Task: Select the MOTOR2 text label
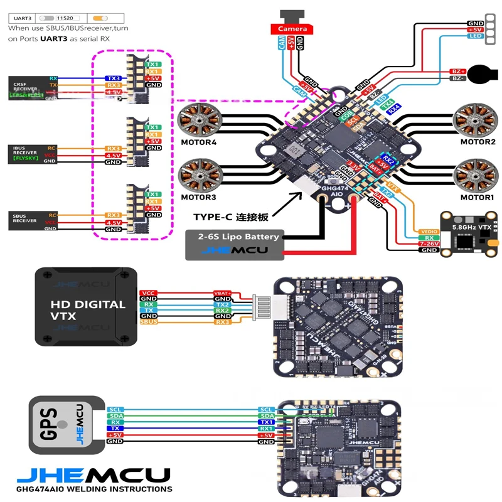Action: (x=478, y=142)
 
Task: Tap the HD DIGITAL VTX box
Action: (x=86, y=307)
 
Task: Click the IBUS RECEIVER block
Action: (x=25, y=154)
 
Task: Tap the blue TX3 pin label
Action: (x=113, y=78)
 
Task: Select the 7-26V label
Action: (x=429, y=244)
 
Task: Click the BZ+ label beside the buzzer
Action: (x=458, y=71)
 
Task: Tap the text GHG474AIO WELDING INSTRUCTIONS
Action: (x=94, y=489)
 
